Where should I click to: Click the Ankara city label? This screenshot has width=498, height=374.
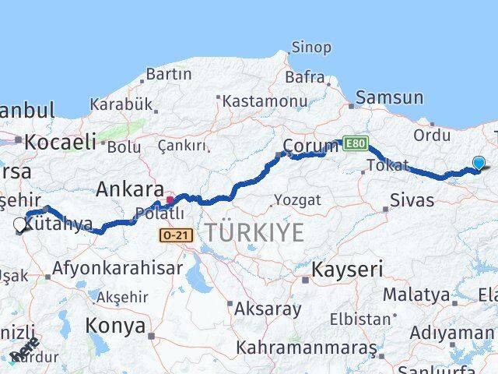coord(129,189)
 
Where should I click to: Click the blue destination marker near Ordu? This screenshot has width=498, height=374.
coord(479,163)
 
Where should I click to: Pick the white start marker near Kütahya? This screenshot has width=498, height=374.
coord(20,224)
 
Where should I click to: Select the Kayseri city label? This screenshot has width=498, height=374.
coord(347,270)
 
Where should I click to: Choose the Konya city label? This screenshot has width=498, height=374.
coord(116,325)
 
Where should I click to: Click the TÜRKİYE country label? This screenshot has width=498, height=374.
coord(254,231)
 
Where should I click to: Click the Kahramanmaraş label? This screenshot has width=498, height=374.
coord(306,346)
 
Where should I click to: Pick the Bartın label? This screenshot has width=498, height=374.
coord(168,75)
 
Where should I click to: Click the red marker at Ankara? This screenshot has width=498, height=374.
coord(170,178)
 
